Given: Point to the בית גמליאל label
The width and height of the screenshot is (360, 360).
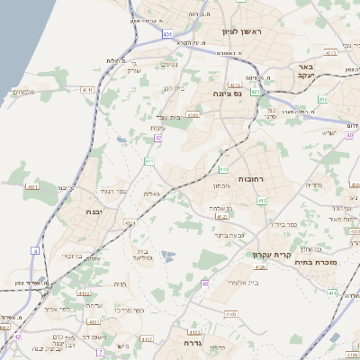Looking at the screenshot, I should pyautogui.click(x=147, y=256).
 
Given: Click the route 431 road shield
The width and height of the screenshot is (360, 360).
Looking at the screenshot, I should pyautogui.click(x=167, y=34).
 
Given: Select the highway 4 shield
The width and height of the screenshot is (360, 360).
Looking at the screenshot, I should pyautogui.click(x=34, y=249).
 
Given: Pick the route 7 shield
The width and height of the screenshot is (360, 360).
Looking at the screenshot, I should pyautogui.click(x=99, y=352).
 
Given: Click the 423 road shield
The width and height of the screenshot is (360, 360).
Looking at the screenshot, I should pyautogui.click(x=256, y=91).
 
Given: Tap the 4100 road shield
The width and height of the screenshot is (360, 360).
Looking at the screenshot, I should pyautogui.click(x=230, y=314).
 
